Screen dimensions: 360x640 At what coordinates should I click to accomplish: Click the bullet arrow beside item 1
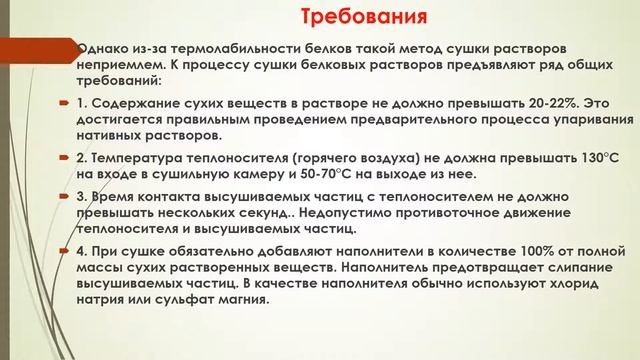[62, 103]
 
